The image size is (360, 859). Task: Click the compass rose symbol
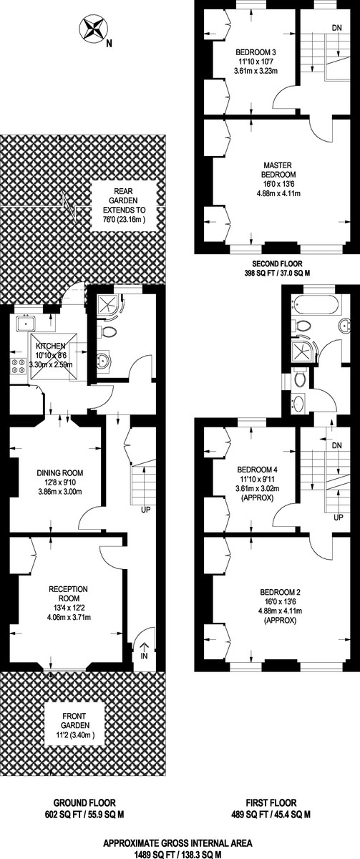pyautogui.click(x=92, y=31)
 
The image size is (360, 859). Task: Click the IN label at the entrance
pyautogui.click(x=145, y=656)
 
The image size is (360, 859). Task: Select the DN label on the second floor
pyautogui.click(x=336, y=27)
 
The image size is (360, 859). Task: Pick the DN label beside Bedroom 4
pyautogui.click(x=336, y=445)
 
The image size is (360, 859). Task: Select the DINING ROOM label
pyautogui.click(x=60, y=473)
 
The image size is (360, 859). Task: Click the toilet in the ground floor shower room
pyautogui.click(x=107, y=331)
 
